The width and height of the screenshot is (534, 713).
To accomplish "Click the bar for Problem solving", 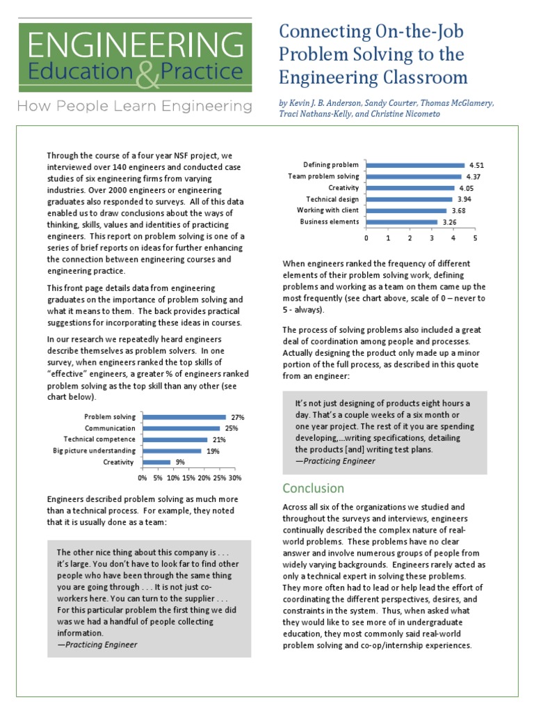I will (x=184, y=416).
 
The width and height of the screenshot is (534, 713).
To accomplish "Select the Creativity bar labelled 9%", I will (x=156, y=462).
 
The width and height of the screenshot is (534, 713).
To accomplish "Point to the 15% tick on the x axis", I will (x=188, y=478).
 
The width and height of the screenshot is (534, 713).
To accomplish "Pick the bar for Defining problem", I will (x=414, y=165).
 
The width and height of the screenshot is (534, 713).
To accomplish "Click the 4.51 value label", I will (x=476, y=166).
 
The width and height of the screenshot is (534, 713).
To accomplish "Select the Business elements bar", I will (x=401, y=222).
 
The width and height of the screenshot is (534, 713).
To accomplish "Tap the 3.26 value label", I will (x=449, y=223).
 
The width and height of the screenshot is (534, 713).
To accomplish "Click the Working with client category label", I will (x=327, y=210).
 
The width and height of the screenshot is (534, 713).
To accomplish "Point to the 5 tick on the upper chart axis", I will (x=476, y=238).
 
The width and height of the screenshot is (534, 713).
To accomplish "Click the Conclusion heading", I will (x=313, y=488).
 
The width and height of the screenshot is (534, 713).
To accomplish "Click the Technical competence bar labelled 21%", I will (x=175, y=439).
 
